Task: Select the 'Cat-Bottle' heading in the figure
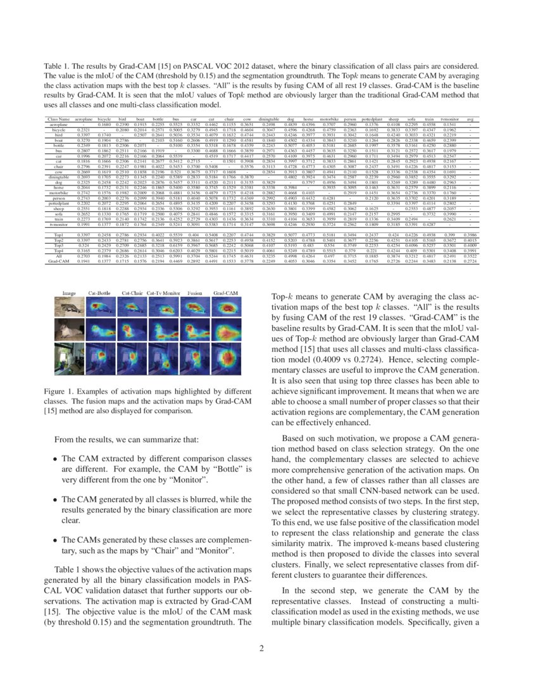pos(101,294)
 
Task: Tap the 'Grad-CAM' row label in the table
pos(59,260)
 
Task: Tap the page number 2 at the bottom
pos(268,648)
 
